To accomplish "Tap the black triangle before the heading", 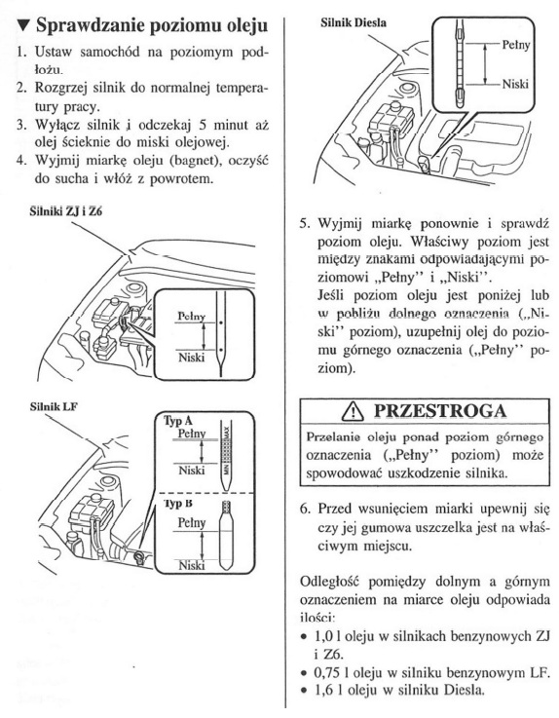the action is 23,25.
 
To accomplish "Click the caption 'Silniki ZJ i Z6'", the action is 66,212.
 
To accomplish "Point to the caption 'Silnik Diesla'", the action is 353,22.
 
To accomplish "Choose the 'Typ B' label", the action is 178,504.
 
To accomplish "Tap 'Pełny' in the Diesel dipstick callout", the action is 516,46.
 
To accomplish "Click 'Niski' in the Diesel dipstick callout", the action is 515,84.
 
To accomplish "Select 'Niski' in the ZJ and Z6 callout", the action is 191,357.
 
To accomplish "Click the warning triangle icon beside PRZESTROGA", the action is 353,411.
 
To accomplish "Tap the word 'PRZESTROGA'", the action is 440,411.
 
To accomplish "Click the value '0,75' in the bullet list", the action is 325,672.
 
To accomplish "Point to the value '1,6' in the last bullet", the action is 322,690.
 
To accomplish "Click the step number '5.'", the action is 306,224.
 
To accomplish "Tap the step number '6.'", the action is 306,509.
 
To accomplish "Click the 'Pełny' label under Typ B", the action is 192,522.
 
